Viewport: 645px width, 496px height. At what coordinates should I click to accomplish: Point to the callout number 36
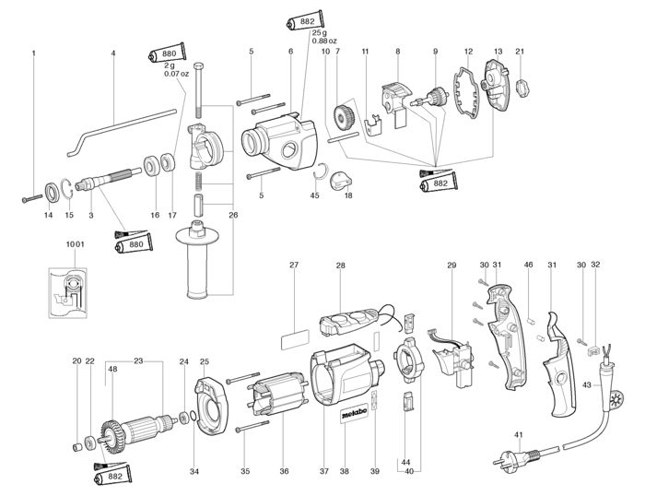[x=283, y=471]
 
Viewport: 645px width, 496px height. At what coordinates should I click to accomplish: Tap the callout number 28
[x=340, y=266]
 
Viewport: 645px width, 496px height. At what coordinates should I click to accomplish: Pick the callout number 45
[x=314, y=195]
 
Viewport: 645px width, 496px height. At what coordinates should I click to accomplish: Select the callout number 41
[x=519, y=434]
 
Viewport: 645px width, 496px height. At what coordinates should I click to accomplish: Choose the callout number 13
[x=498, y=52]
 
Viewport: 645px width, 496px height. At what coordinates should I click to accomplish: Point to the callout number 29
[x=452, y=266]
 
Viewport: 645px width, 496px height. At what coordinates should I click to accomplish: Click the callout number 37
[x=324, y=471]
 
